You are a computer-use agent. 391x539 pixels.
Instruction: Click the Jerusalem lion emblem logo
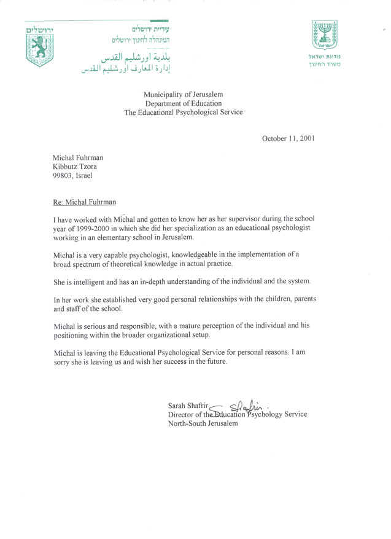click(41, 47)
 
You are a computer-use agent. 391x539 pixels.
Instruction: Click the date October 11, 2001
click(288, 138)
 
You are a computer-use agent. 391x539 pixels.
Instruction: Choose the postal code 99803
click(64, 176)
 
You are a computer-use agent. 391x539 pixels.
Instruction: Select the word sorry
click(63, 361)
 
